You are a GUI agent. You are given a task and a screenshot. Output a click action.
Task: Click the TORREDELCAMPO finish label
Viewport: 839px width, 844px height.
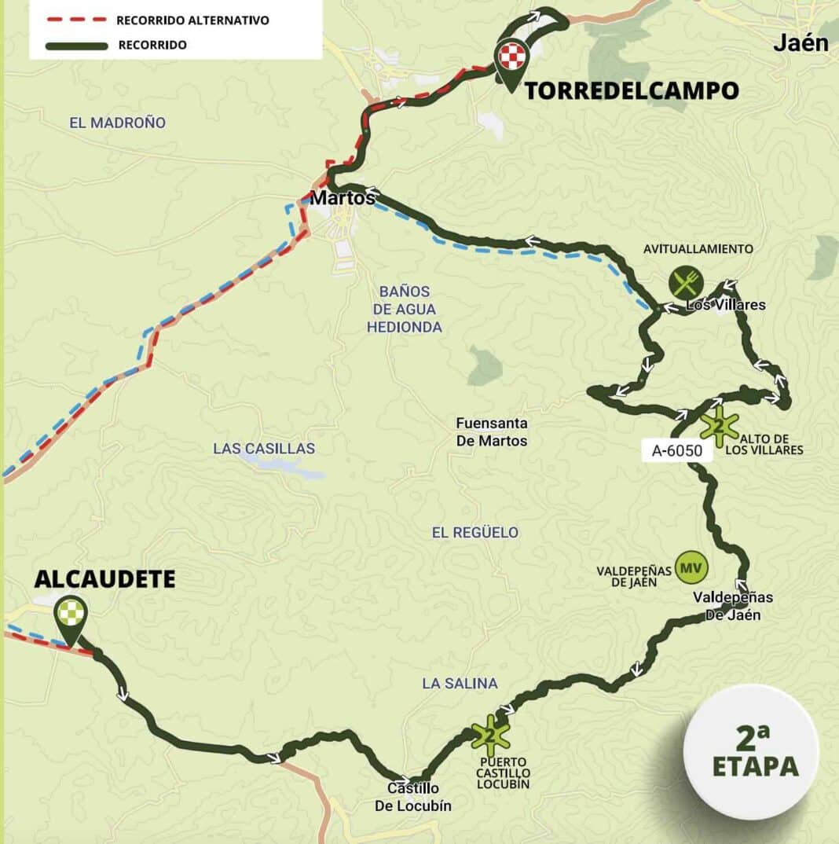632,90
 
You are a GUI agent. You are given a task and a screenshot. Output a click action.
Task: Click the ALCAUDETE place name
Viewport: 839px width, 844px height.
104,579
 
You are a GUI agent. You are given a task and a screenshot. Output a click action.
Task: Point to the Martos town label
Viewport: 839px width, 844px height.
343,198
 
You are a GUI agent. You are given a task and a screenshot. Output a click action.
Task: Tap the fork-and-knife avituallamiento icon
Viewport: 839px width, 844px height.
686,282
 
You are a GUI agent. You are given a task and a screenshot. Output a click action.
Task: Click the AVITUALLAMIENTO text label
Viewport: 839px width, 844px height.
698,249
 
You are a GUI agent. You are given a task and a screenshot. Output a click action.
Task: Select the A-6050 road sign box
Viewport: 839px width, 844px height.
676,451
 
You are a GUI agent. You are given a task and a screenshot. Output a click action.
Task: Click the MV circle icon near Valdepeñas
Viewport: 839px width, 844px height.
691,567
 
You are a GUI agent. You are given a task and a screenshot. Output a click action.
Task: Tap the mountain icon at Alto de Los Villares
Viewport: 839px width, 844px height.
719,426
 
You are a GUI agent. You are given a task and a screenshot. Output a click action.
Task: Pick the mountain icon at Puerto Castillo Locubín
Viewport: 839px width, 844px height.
491,735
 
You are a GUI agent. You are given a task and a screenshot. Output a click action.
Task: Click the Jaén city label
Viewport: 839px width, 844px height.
801,43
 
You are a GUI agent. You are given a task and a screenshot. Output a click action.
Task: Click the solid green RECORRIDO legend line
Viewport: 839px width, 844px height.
77,46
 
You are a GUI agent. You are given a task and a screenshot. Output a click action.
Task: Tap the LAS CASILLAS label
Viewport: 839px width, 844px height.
264,449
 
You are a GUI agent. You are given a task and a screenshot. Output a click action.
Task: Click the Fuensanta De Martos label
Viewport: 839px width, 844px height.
492,431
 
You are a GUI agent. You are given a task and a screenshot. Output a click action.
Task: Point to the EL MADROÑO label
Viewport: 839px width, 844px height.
118,123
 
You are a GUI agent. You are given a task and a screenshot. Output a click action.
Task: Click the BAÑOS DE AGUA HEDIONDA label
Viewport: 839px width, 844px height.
405,309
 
